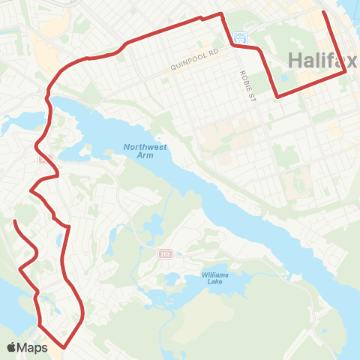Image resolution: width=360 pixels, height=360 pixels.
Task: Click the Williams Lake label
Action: coord(214,278)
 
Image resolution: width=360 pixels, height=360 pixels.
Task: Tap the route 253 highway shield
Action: coord(165,255)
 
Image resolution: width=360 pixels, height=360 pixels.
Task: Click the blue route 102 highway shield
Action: coord(239,36)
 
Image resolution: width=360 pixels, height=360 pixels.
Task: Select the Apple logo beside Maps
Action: coord(13,347)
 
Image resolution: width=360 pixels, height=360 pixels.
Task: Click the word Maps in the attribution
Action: coord(34,347)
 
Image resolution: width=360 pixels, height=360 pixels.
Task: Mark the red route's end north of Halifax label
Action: coord(323,12)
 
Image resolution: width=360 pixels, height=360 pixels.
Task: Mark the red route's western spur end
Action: coord(16,221)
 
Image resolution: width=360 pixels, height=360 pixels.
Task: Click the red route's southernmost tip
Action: coord(65,347)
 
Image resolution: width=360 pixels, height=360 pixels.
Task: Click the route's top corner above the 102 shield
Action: coord(221,13)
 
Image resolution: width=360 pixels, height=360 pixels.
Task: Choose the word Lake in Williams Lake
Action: coord(214,283)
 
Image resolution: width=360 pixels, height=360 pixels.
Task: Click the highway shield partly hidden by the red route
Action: coord(44,158)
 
